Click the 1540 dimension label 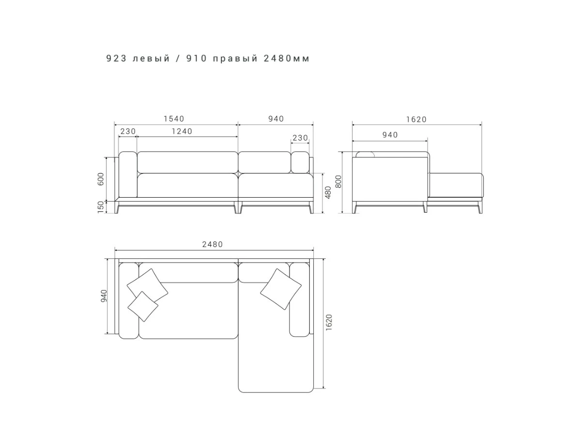coord(174,119)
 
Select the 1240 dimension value coord(182,131)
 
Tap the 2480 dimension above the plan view coord(212,244)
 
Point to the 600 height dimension coord(101,179)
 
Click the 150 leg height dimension coord(101,207)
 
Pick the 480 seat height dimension coord(328,192)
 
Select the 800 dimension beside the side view coord(338,182)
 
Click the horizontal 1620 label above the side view coord(416,120)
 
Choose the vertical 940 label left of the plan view coord(104,296)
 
